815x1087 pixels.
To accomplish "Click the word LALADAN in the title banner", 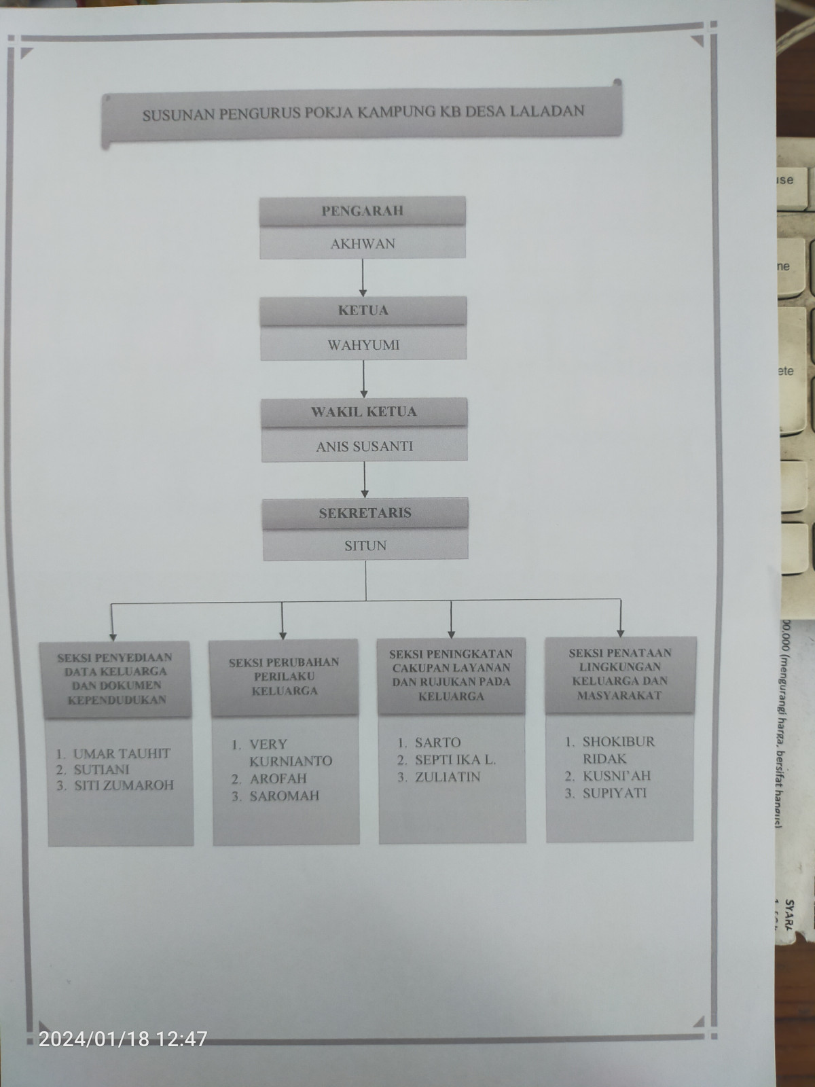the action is (x=547, y=111).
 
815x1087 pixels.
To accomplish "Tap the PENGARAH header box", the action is (x=362, y=211).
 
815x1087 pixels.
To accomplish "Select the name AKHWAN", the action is (x=363, y=244).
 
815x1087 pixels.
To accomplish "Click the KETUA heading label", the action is (x=363, y=310).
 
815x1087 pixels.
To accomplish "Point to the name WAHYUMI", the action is (x=364, y=345).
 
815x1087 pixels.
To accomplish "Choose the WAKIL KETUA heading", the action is (x=364, y=412).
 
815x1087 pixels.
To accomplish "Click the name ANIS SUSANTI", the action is (x=365, y=446).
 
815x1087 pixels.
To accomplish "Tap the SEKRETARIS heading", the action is (x=365, y=512).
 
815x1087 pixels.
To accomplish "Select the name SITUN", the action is (x=365, y=546).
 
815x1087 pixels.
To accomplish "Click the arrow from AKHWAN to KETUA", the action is (x=363, y=278).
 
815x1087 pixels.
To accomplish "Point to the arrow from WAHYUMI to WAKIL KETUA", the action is (x=364, y=379).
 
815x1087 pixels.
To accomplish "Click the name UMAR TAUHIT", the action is (x=122, y=753).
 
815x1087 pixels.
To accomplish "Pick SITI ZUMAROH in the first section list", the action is (x=124, y=785).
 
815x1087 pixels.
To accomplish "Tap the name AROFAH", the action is (x=278, y=779).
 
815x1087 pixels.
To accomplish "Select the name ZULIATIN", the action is (x=448, y=777).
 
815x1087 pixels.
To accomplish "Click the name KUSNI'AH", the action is (x=617, y=776).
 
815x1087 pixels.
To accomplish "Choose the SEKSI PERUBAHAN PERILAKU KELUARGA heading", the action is (x=285, y=676).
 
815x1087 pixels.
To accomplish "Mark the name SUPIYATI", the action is (x=615, y=793).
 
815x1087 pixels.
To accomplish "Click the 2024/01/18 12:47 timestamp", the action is (x=123, y=1039).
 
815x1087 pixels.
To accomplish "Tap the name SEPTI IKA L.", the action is (x=455, y=760).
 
